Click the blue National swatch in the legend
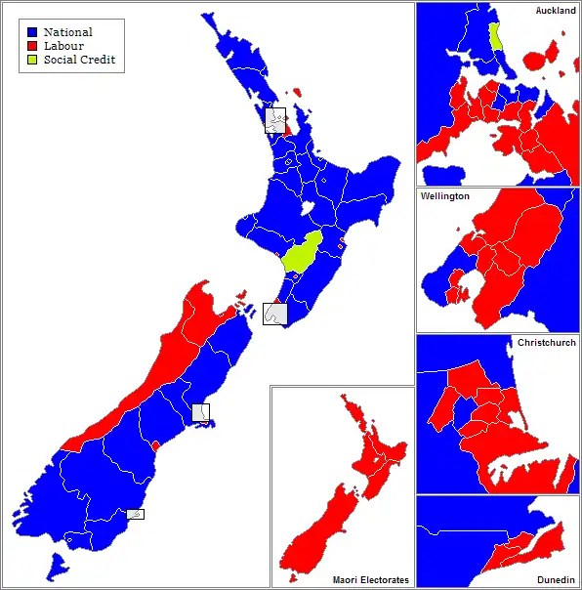[x=32, y=32]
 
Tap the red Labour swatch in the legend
[x=32, y=46]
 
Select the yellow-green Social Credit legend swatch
[x=32, y=60]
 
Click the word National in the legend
[x=67, y=32]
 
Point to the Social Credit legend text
[x=79, y=60]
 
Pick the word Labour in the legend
[x=63, y=46]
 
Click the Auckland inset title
[x=555, y=10]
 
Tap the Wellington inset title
[x=445, y=196]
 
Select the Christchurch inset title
[x=547, y=343]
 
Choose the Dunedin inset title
[x=557, y=579]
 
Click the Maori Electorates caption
[x=371, y=579]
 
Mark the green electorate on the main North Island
[x=302, y=253]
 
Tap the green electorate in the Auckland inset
[x=495, y=37]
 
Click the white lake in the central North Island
[x=307, y=208]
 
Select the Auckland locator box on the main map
[x=276, y=120]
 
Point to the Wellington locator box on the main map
[x=275, y=314]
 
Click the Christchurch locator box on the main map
[x=200, y=412]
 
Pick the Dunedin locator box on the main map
[x=136, y=514]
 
